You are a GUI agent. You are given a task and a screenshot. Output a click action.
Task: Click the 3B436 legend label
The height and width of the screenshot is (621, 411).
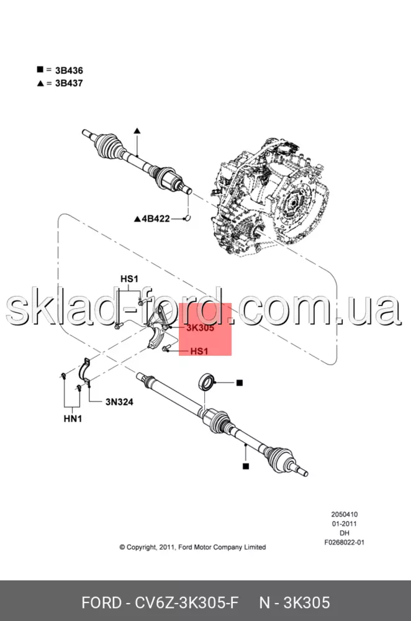69,71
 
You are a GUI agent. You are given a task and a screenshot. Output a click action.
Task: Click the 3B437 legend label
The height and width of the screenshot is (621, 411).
69,83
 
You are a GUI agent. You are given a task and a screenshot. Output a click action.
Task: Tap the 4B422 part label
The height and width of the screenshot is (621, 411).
156,219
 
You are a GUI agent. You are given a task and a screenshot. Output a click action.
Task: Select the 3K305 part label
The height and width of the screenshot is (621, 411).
201,328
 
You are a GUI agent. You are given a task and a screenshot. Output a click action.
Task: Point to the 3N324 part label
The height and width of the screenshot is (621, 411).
119,402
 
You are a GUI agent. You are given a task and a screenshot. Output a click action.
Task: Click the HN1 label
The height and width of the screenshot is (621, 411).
73,419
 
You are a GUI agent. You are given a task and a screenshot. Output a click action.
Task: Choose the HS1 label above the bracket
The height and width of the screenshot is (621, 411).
130,279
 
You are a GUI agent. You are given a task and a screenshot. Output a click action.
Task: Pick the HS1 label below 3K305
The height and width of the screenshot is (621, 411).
199,351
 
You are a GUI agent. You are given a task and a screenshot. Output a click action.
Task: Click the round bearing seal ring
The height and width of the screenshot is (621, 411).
206,382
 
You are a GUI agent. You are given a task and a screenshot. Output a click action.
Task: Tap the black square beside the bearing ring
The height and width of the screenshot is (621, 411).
239,383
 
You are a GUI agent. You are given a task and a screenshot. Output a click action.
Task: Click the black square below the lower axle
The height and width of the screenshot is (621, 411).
246,466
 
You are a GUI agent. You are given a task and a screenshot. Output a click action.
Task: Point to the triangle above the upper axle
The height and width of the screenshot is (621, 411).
137,130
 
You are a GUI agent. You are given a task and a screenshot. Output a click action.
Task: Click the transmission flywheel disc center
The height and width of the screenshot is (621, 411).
292,203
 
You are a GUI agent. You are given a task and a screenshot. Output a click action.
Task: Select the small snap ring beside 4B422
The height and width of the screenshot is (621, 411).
187,217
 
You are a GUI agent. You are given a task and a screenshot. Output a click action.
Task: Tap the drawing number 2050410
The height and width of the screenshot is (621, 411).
345,514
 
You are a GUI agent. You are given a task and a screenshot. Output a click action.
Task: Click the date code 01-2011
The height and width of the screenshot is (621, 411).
345,524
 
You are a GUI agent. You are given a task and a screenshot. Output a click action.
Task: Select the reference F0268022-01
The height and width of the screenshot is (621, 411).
345,543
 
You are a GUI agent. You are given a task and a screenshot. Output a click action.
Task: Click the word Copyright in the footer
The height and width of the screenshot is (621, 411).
142,547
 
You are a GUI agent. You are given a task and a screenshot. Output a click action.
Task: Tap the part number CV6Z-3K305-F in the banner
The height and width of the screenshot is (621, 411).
187,603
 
